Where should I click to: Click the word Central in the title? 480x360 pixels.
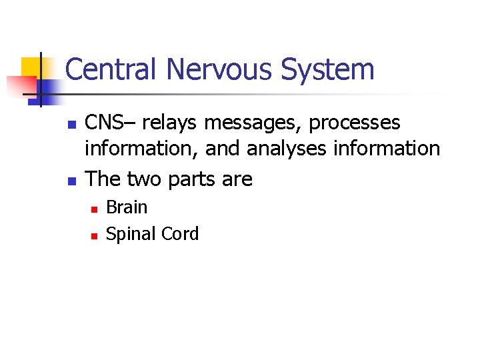(x=113, y=70)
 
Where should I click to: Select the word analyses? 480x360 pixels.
(x=289, y=149)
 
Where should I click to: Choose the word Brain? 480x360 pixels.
(x=127, y=207)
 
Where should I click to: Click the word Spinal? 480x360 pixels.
(x=129, y=234)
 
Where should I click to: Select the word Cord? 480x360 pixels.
(x=178, y=234)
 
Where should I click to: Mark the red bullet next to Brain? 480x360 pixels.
(x=95, y=209)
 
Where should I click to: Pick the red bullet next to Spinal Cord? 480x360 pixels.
(x=95, y=235)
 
